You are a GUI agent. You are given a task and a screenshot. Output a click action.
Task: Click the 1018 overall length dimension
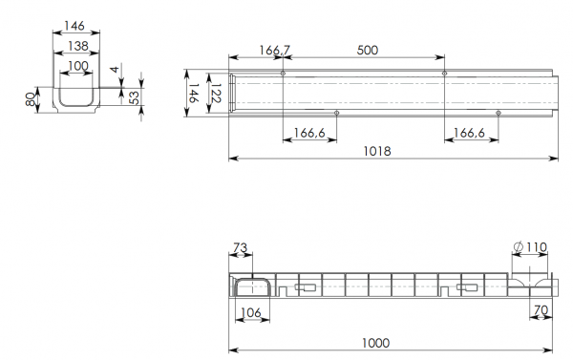pos(377,151)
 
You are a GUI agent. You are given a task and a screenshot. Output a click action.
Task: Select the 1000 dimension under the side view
pos(375,343)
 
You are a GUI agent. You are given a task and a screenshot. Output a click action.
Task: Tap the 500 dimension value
pos(368,50)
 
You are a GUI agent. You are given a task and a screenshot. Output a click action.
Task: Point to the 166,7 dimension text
pos(275,50)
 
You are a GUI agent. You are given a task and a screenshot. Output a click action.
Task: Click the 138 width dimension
pos(78,46)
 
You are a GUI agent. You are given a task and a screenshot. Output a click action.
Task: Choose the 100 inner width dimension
pos(78,66)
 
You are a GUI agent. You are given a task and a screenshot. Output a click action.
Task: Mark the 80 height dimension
pos(31,99)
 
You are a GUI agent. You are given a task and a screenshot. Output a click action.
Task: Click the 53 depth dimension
pos(134,97)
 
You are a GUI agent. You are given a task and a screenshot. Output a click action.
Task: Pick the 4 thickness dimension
pos(115,69)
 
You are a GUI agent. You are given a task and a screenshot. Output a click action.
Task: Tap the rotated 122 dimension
pos(216,94)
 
